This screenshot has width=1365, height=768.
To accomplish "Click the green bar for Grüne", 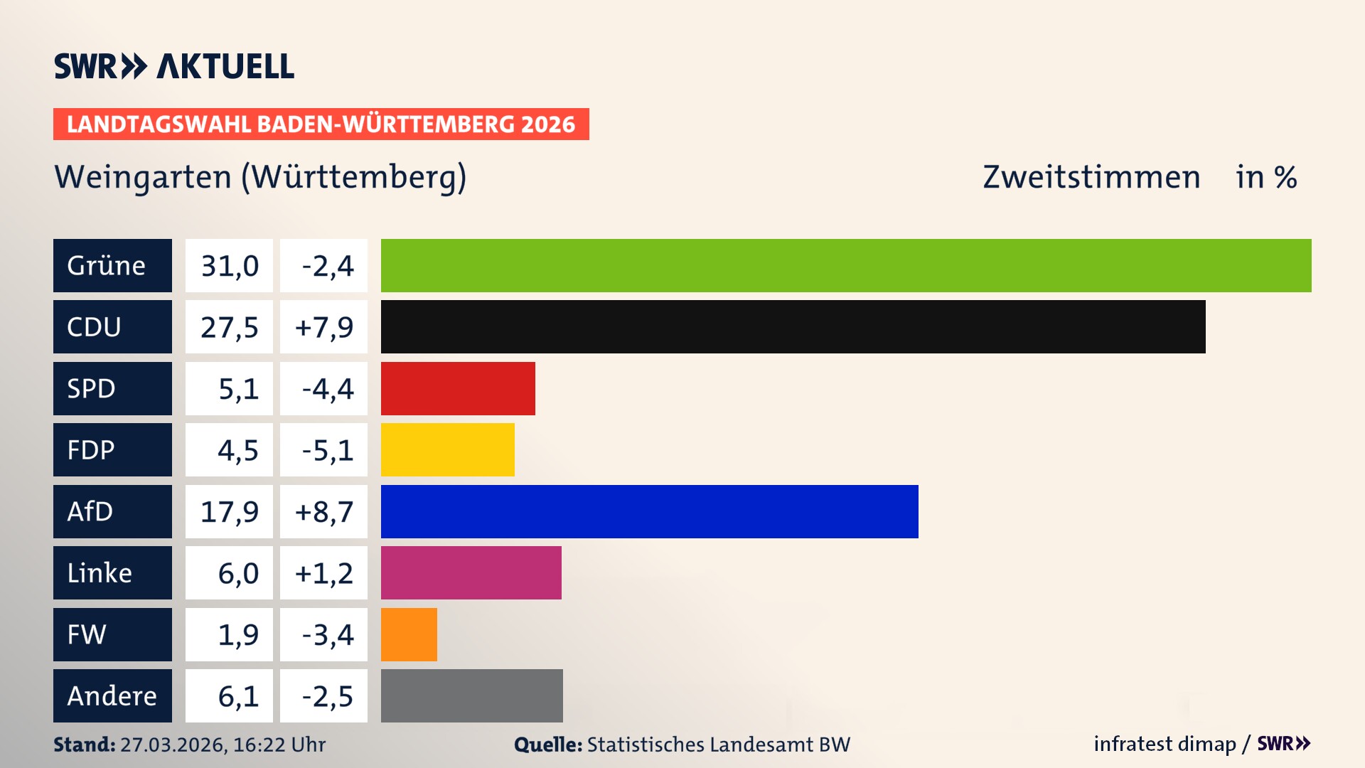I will point(846,265).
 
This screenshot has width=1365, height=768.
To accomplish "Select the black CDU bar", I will point(793,326).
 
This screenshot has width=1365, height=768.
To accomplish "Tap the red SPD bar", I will point(458,388).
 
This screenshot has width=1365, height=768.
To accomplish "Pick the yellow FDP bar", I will point(447,449).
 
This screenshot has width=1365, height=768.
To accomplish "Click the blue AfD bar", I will point(649,511).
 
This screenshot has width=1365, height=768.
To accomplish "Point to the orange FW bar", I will point(409,634).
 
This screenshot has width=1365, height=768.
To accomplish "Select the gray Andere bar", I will point(471,695).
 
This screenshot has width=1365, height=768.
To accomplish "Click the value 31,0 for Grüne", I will point(229,265).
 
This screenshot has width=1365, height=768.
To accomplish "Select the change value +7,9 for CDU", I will point(323,326).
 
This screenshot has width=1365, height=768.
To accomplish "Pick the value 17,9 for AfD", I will point(229,511).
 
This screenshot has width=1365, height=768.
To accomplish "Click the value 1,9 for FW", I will point(237,634).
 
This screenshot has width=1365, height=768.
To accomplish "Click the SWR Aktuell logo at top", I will point(173,66).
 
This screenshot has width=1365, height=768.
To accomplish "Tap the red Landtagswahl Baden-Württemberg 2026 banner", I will point(321,124).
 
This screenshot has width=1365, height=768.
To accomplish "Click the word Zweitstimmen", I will point(1091,177).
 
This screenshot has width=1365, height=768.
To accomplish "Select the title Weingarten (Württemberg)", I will point(260,177).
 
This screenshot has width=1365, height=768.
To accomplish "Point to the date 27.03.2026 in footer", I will point(173,745).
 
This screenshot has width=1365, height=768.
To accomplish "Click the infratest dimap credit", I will point(1165,744).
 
